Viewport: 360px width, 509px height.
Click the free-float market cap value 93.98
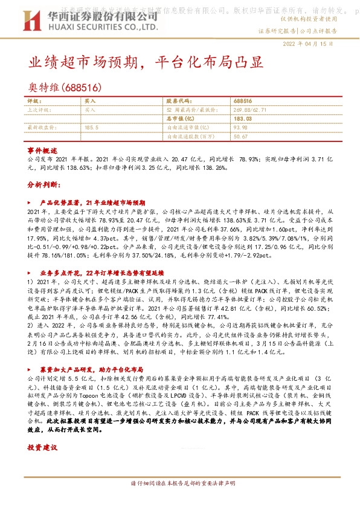pos(240,128)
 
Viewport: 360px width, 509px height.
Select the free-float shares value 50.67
pos(240,137)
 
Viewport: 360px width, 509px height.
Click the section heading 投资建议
pos(42,448)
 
